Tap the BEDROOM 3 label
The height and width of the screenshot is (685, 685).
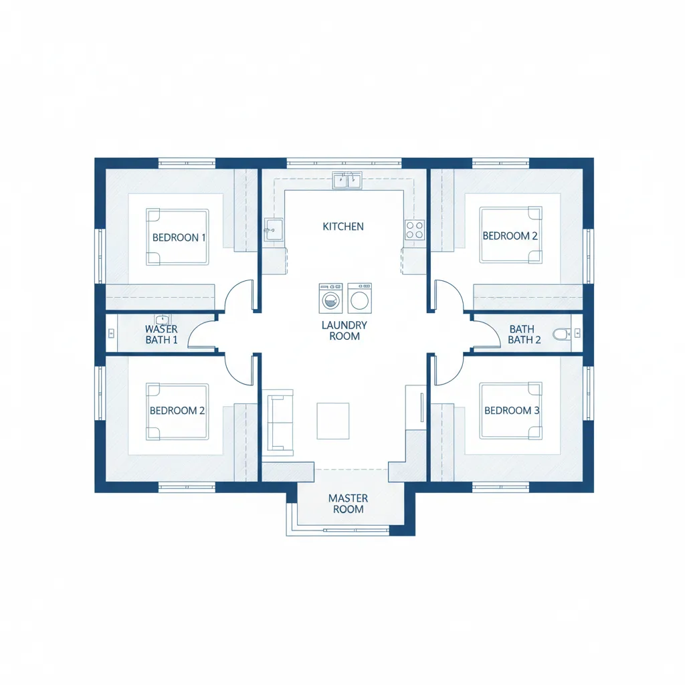tap(512, 410)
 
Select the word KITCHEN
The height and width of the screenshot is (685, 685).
tap(343, 226)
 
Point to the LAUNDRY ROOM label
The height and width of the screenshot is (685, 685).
tap(345, 330)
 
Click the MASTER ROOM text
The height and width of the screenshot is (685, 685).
tap(348, 504)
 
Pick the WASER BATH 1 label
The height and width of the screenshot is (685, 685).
tap(161, 334)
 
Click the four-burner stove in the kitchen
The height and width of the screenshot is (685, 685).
tap(414, 230)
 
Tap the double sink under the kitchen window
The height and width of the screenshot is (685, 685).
tap(347, 179)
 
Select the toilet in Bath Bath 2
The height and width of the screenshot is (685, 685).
tap(560, 332)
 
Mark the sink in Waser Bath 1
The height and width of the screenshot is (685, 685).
tap(163, 320)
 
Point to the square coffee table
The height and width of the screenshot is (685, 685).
tap(332, 421)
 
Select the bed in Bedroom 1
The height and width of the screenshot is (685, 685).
tap(177, 237)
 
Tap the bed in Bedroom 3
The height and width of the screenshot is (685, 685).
tap(510, 411)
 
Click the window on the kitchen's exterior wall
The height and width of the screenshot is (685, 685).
tap(344, 163)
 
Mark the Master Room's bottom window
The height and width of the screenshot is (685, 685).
tap(338, 531)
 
